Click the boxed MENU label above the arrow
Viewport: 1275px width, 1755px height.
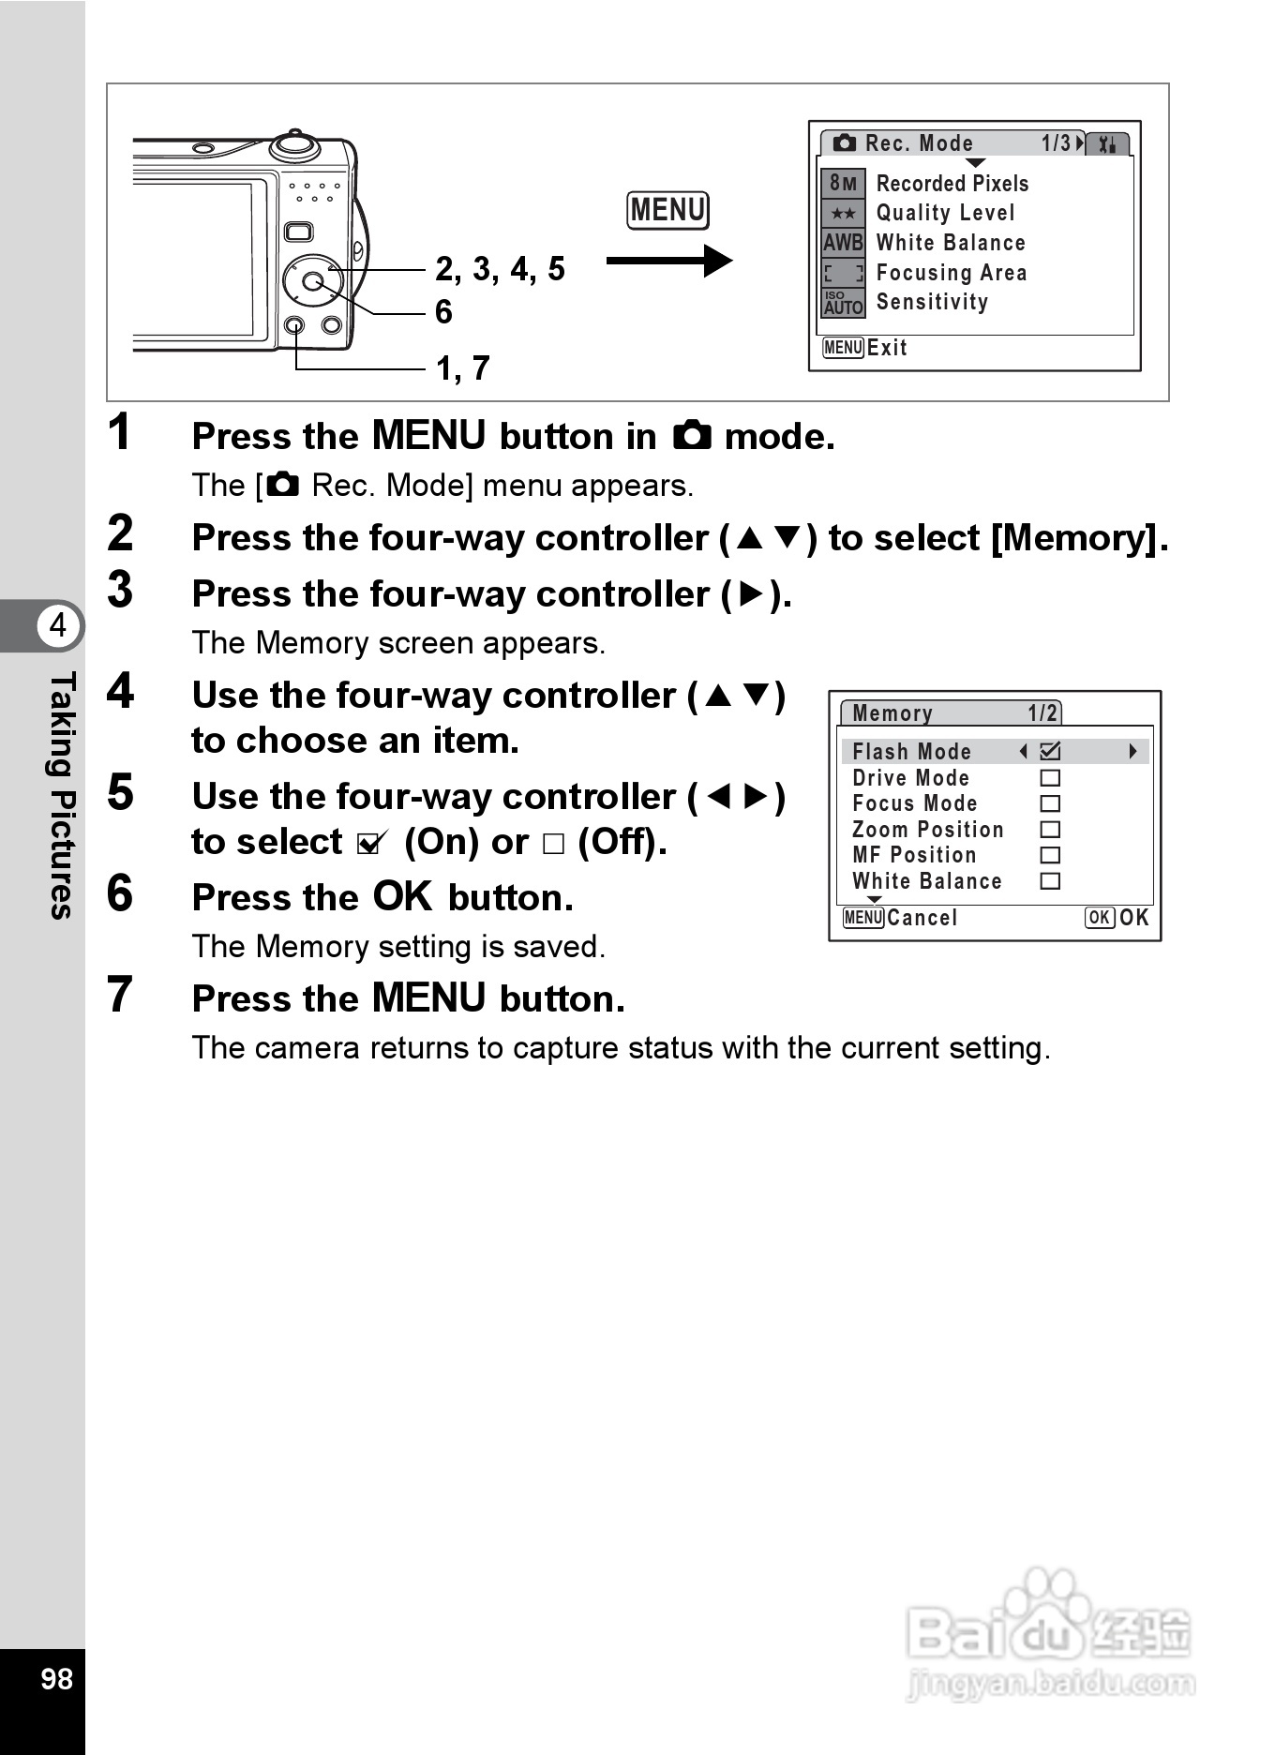click(x=667, y=210)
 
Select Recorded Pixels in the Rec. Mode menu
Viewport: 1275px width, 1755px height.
click(x=952, y=184)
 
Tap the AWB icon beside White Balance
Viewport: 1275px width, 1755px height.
click(x=843, y=244)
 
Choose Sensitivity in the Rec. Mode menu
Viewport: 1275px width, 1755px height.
click(x=932, y=302)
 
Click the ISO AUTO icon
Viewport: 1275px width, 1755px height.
click(x=843, y=302)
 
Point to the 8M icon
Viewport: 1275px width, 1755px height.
click(x=843, y=184)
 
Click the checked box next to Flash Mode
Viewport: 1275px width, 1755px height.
click(x=1050, y=751)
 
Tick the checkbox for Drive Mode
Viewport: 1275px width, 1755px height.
click(x=1050, y=778)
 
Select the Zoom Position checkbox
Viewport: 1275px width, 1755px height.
click(x=1050, y=830)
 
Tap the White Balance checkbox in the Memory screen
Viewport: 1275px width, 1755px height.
click(x=1050, y=881)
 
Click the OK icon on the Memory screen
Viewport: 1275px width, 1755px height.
click(x=1099, y=918)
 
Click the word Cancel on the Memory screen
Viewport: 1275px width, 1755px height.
click(x=922, y=918)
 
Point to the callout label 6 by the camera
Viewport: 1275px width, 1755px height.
click(x=443, y=312)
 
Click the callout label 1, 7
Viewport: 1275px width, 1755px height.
click(x=462, y=368)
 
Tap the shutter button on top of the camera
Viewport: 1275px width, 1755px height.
click(x=295, y=144)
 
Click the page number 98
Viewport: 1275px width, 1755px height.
click(x=56, y=1678)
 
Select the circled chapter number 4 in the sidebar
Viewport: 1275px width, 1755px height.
click(x=58, y=624)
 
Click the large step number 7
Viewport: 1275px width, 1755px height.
click(x=120, y=995)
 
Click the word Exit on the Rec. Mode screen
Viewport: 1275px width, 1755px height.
click(x=887, y=348)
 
